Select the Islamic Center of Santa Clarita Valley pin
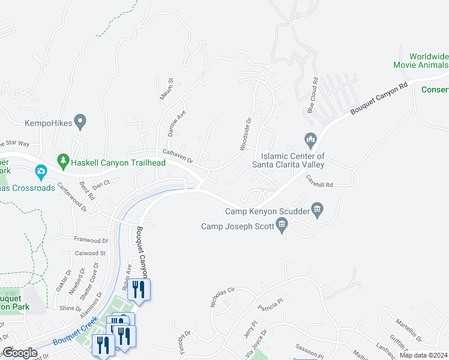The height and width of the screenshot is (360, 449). pyautogui.click(x=310, y=141)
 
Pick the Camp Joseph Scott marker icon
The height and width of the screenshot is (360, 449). pyautogui.click(x=282, y=225)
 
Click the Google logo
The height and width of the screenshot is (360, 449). pyautogui.click(x=20, y=353)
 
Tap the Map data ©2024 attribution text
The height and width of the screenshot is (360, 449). pyautogui.click(x=423, y=355)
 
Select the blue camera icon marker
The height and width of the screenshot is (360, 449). pyautogui.click(x=41, y=172)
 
